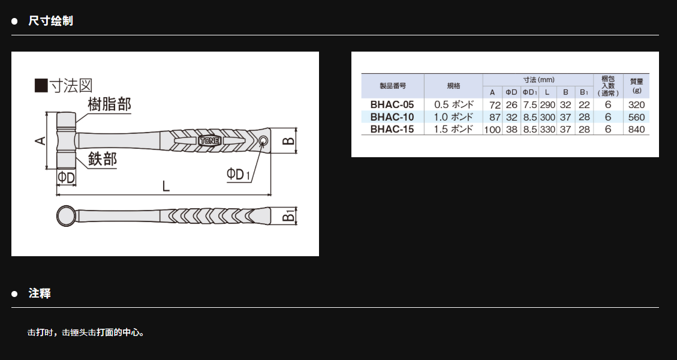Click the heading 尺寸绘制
(50, 21)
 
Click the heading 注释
(40, 293)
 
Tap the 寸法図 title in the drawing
(71, 86)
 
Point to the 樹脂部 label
(109, 104)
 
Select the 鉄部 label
(103, 159)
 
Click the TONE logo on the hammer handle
(210, 141)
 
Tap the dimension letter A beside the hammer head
(41, 140)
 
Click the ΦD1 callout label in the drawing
(238, 174)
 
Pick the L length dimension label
(166, 186)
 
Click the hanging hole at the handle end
(263, 140)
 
